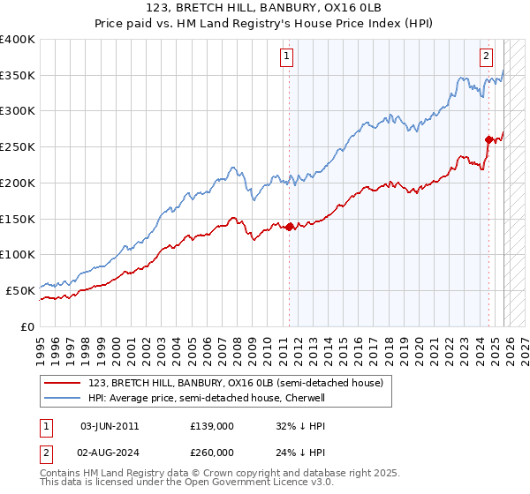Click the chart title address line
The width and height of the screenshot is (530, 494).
265,10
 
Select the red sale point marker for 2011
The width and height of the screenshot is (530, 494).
289,227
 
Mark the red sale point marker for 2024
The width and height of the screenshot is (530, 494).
488,139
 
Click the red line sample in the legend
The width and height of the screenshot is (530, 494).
64,384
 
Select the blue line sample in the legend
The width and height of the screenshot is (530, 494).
64,399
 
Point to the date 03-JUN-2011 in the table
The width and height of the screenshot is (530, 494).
110,425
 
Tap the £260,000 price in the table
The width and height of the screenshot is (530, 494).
212,450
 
